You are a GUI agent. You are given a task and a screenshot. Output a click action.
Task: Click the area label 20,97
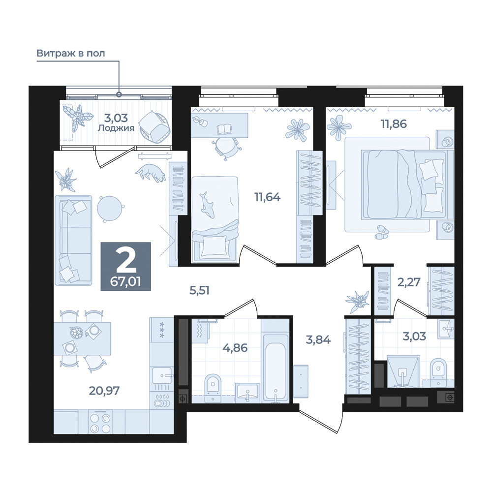coord(104,391)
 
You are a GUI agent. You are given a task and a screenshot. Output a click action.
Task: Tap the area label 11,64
coord(267,197)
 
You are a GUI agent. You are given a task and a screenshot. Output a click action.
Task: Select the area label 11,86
coord(394,124)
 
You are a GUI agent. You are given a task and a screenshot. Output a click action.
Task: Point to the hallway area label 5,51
coord(199,290)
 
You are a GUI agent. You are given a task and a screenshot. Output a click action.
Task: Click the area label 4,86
coord(235,348)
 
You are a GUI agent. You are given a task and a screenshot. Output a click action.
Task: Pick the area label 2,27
coord(408,282)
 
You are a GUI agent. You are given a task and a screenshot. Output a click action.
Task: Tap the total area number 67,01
coord(125,282)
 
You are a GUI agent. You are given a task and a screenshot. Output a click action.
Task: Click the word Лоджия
coord(116,128)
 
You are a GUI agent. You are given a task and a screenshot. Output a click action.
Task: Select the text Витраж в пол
coord(70,53)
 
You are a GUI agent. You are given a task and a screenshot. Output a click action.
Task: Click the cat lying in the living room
coord(151,173)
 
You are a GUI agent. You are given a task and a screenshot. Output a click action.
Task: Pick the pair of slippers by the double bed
coord(382,232)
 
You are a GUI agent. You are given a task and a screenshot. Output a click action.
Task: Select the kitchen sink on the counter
coord(162,375)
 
